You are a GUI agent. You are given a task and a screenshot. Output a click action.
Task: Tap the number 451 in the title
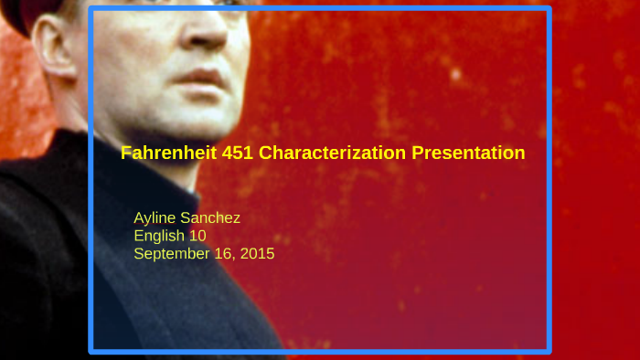click(x=238, y=154)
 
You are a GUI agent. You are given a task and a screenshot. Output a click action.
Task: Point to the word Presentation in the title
click(x=468, y=154)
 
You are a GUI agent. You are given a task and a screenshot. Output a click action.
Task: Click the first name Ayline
click(x=157, y=218)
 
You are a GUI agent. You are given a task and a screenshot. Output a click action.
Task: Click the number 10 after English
click(x=197, y=236)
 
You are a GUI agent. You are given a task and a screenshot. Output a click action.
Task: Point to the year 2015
click(x=256, y=253)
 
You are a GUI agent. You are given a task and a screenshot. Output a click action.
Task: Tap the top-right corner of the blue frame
click(x=549, y=10)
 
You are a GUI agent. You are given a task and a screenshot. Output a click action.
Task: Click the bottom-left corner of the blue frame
click(x=91, y=350)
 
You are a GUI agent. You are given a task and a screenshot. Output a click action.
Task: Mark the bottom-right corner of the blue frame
click(x=549, y=350)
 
